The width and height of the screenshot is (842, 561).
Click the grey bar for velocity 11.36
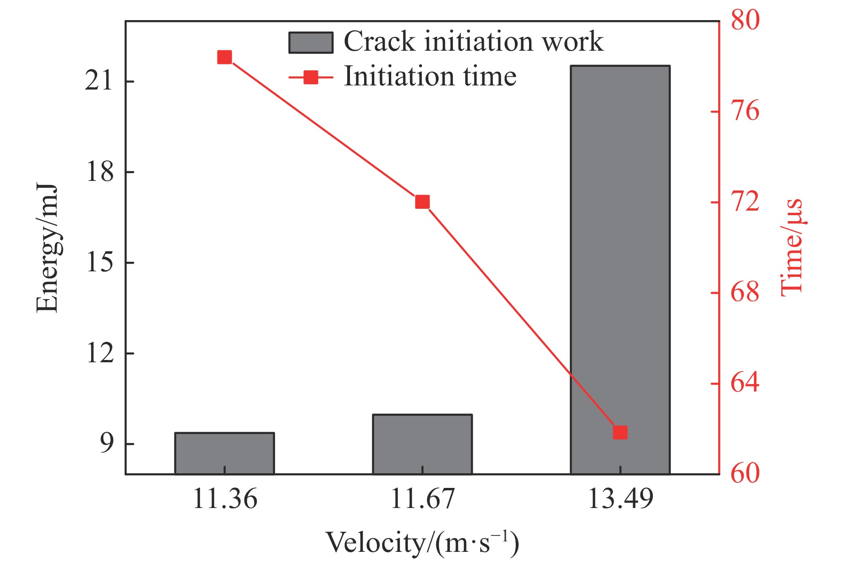click(x=224, y=453)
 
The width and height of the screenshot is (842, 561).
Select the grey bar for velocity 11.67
click(x=422, y=444)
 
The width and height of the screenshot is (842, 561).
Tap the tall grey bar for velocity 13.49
click(x=620, y=270)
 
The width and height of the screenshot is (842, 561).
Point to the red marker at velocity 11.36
click(x=224, y=58)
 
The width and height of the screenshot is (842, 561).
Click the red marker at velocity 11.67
click(x=422, y=202)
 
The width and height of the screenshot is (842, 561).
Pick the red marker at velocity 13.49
click(x=620, y=432)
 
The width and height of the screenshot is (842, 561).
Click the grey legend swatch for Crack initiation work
click(x=311, y=43)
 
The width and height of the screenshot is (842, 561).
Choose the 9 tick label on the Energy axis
click(x=106, y=444)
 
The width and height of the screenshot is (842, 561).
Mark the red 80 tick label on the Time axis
click(x=745, y=20)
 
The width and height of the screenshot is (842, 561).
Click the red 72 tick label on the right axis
click(x=745, y=202)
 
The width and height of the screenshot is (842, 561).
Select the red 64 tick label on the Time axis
click(x=745, y=383)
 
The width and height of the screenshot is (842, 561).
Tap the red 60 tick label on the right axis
click(x=745, y=474)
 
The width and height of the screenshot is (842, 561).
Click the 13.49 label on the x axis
click(x=620, y=499)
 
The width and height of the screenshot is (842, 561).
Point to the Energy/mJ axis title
click(x=48, y=249)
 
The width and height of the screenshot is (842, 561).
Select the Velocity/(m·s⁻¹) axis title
click(x=422, y=543)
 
